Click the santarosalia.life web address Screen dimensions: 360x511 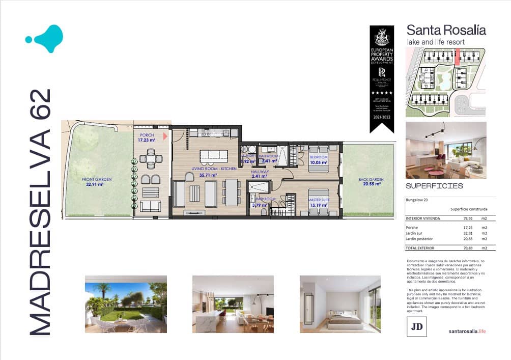467,331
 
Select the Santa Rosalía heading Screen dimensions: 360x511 446,30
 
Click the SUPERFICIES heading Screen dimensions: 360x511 434,186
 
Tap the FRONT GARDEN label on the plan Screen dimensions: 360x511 97,179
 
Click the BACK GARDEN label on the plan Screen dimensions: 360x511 370,180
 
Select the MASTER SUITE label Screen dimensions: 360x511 319,200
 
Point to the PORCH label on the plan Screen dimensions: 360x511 146,135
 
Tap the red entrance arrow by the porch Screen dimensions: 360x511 165,136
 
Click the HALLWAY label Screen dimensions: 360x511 260,172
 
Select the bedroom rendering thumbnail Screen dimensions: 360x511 339,304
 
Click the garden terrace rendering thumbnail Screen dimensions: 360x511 126,304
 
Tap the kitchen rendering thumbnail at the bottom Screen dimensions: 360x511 233,304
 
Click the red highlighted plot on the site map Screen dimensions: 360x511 457,54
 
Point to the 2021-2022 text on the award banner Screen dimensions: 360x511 382,118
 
